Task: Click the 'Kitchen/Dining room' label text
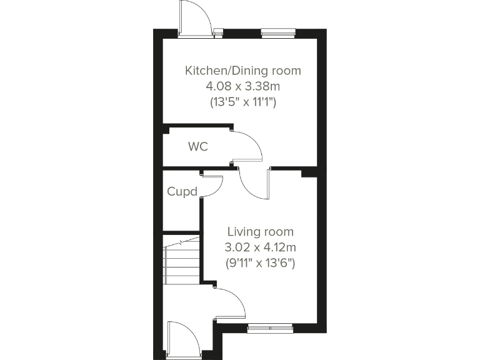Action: tap(242, 71)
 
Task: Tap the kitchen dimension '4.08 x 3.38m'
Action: tap(242, 87)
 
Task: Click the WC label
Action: tap(198, 147)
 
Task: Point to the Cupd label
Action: tap(182, 191)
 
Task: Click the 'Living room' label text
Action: tap(260, 232)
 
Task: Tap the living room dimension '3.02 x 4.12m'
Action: tap(260, 247)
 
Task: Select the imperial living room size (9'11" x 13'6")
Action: tap(260, 263)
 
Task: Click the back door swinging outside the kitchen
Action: tap(193, 17)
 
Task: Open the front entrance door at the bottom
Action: tap(182, 340)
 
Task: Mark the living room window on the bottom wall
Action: tap(270, 326)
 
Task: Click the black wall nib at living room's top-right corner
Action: tap(309, 172)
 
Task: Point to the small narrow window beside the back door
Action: tap(218, 32)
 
